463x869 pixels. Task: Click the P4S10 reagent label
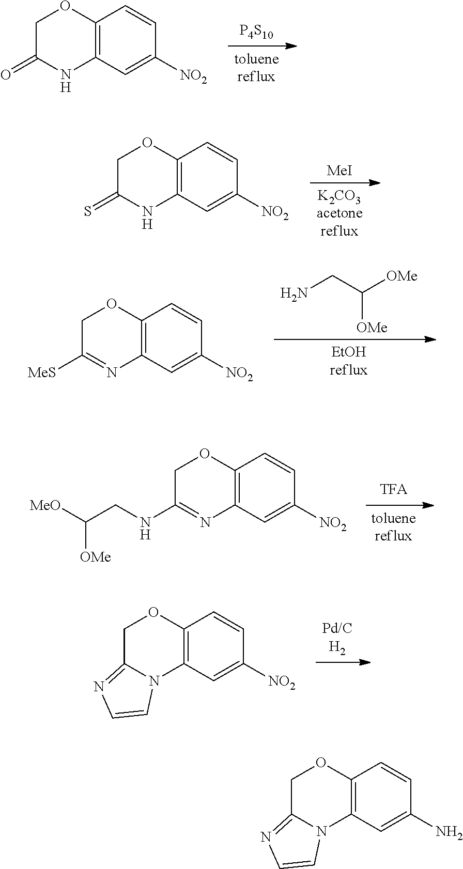[256, 33]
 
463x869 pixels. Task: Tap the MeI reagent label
[339, 170]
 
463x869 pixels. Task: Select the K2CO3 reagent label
[339, 197]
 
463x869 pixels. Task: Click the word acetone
[339, 214]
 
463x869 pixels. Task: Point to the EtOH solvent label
[348, 352]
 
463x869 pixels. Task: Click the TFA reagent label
[393, 489]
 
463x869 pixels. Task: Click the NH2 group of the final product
[449, 832]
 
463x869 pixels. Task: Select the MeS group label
[42, 372]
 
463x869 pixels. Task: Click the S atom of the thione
[88, 211]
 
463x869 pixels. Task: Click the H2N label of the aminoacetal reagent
[294, 293]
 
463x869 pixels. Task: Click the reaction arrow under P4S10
[263, 46]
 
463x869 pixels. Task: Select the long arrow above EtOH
[354, 339]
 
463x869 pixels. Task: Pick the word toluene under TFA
[393, 519]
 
